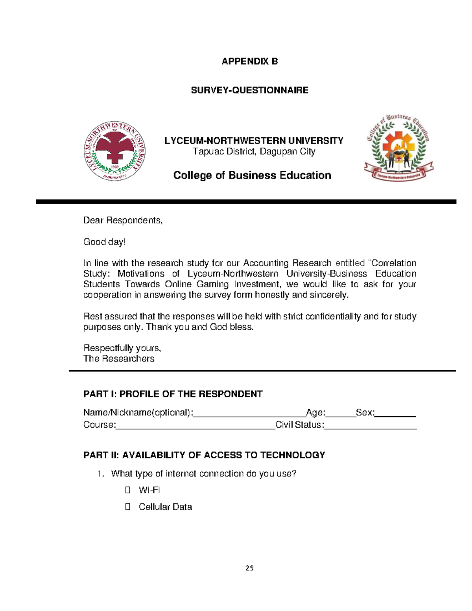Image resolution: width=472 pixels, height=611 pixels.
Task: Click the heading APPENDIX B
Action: (249, 61)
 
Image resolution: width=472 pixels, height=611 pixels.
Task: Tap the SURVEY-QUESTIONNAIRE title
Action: (249, 90)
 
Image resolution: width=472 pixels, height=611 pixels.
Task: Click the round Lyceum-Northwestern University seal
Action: (114, 151)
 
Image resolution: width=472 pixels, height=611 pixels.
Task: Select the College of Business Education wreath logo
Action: (398, 148)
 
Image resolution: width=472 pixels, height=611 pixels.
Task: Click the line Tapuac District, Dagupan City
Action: (254, 151)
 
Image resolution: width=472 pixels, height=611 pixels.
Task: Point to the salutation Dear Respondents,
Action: (123, 220)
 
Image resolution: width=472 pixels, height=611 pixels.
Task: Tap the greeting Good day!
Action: (104, 242)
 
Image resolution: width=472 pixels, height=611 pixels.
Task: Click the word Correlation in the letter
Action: (393, 263)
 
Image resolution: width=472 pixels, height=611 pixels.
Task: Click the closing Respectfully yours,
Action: (122, 348)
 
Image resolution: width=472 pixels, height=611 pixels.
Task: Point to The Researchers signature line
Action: (118, 358)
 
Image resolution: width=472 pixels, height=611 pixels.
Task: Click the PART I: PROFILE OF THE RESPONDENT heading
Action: (173, 394)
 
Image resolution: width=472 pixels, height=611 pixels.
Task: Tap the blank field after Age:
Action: (340, 413)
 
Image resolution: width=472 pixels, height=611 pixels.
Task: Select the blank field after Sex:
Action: (395, 413)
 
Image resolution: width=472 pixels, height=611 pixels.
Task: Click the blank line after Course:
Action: (195, 425)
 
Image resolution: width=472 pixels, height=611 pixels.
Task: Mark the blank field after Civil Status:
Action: (370, 425)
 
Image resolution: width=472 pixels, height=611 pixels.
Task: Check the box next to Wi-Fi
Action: (127, 490)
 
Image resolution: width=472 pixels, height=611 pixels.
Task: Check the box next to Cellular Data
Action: (127, 507)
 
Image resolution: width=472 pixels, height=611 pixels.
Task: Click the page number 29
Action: (249, 568)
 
